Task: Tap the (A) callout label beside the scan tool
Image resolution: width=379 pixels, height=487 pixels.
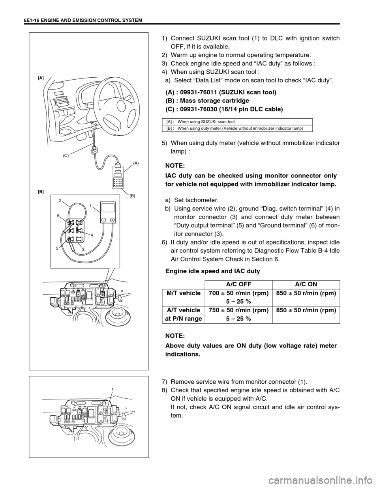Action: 136,162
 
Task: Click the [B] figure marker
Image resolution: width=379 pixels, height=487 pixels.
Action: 41,191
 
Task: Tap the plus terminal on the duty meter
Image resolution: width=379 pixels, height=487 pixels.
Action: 112,219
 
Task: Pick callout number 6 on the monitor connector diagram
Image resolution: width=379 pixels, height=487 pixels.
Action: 58,216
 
